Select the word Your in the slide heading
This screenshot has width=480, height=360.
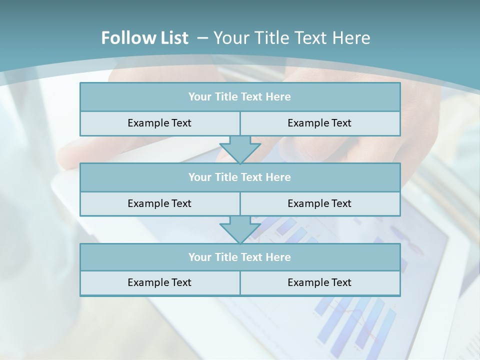point(230,38)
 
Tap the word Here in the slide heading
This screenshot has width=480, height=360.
point(352,38)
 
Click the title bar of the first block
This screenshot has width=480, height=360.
point(240,97)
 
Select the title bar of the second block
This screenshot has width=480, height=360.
point(240,177)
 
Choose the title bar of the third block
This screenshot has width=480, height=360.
point(240,257)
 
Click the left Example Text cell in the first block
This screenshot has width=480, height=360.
point(159,123)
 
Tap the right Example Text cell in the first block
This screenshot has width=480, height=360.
point(319,123)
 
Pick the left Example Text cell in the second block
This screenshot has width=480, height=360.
point(159,203)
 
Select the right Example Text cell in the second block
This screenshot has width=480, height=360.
point(319,203)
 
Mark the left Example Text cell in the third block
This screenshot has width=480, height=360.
point(159,282)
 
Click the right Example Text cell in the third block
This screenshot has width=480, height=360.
point(319,282)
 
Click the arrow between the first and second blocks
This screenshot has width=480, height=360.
point(240,149)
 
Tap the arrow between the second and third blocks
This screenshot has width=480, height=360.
point(240,229)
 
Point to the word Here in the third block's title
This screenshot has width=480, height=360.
point(278,257)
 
